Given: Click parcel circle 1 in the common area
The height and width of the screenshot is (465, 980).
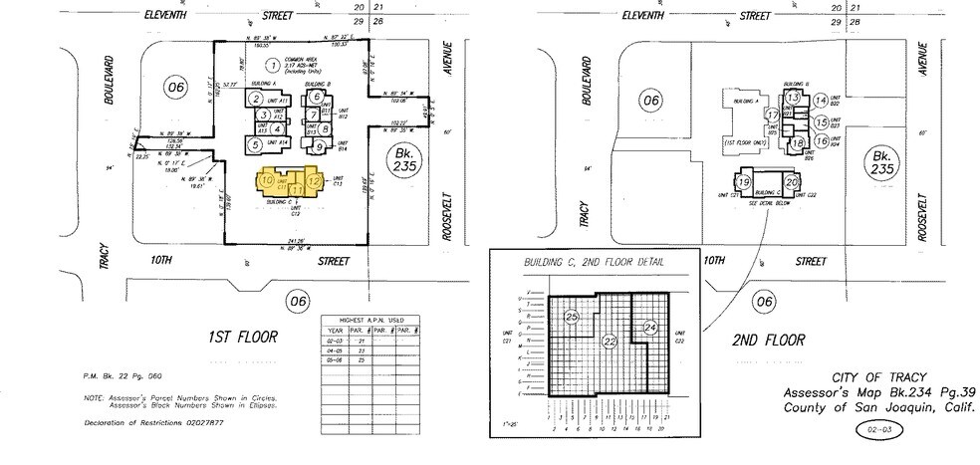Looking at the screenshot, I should click(x=270, y=65).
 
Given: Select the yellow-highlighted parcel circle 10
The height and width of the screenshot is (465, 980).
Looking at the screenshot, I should click(x=267, y=179).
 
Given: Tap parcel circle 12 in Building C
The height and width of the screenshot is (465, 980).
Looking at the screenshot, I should click(x=314, y=181).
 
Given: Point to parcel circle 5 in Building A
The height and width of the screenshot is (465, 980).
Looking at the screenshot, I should click(x=256, y=144).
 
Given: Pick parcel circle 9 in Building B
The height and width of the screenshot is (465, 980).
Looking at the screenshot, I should click(x=319, y=146).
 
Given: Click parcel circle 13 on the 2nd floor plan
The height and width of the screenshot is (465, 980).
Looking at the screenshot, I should click(x=794, y=99).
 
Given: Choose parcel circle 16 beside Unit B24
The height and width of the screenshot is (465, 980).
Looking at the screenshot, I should click(x=821, y=142).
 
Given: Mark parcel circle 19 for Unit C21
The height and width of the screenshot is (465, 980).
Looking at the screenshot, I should click(x=743, y=181).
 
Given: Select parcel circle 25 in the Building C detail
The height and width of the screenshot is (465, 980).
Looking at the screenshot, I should click(x=572, y=317).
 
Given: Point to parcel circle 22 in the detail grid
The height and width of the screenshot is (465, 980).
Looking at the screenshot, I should click(x=609, y=341).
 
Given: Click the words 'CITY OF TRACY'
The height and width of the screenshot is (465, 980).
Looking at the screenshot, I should click(x=869, y=379).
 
